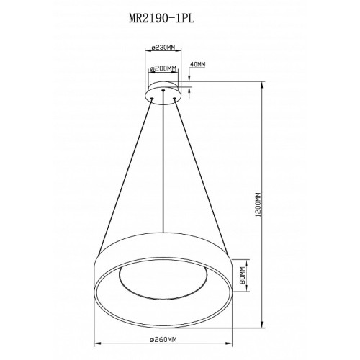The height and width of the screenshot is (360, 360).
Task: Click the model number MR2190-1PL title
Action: pyautogui.click(x=161, y=19)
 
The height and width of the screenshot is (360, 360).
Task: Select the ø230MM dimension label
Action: pyautogui.click(x=163, y=48)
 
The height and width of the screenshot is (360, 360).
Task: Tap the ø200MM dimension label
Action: pyautogui.click(x=163, y=69)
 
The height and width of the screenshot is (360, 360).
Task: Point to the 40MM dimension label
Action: pyautogui.click(x=198, y=64)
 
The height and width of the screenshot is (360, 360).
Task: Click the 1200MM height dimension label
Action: pyautogui.click(x=258, y=204)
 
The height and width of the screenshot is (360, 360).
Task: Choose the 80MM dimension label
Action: pyautogui.click(x=243, y=275)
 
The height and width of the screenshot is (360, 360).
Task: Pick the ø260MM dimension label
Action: pyautogui.click(x=163, y=339)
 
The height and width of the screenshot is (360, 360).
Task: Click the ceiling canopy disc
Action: pyautogui.click(x=163, y=92)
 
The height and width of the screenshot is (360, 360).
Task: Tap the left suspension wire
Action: pyautogui.click(x=125, y=176)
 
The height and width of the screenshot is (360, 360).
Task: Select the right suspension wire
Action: pyautogui.click(x=201, y=176)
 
